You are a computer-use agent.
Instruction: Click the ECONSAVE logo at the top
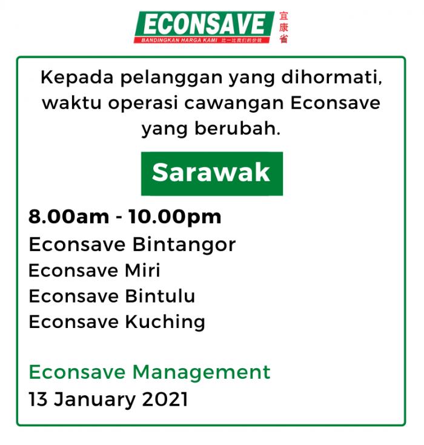pos(204,27)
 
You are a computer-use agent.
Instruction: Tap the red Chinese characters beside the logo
pos(283,27)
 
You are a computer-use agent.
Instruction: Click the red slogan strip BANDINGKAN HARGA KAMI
pos(202,40)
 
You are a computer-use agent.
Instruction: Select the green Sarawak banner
pos(212,173)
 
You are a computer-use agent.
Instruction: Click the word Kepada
pos(77,77)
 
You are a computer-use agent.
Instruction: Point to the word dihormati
pos(331,77)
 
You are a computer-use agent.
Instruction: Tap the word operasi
pos(143,103)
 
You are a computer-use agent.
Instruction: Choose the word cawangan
pos(234,104)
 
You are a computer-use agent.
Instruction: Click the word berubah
pos(237,129)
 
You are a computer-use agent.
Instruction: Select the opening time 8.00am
pos(68,217)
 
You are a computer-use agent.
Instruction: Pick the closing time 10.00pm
pos(174,218)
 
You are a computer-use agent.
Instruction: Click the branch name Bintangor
pos(184,245)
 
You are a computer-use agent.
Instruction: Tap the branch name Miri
pos(142,270)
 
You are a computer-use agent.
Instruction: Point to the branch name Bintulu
pos(161,296)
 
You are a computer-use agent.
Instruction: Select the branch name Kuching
pos(165,322)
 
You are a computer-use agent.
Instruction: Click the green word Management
pos(201,372)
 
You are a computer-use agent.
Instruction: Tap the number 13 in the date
pos(38,400)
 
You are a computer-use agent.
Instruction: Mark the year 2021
pos(165,400)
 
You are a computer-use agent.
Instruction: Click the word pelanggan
pos(171,78)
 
